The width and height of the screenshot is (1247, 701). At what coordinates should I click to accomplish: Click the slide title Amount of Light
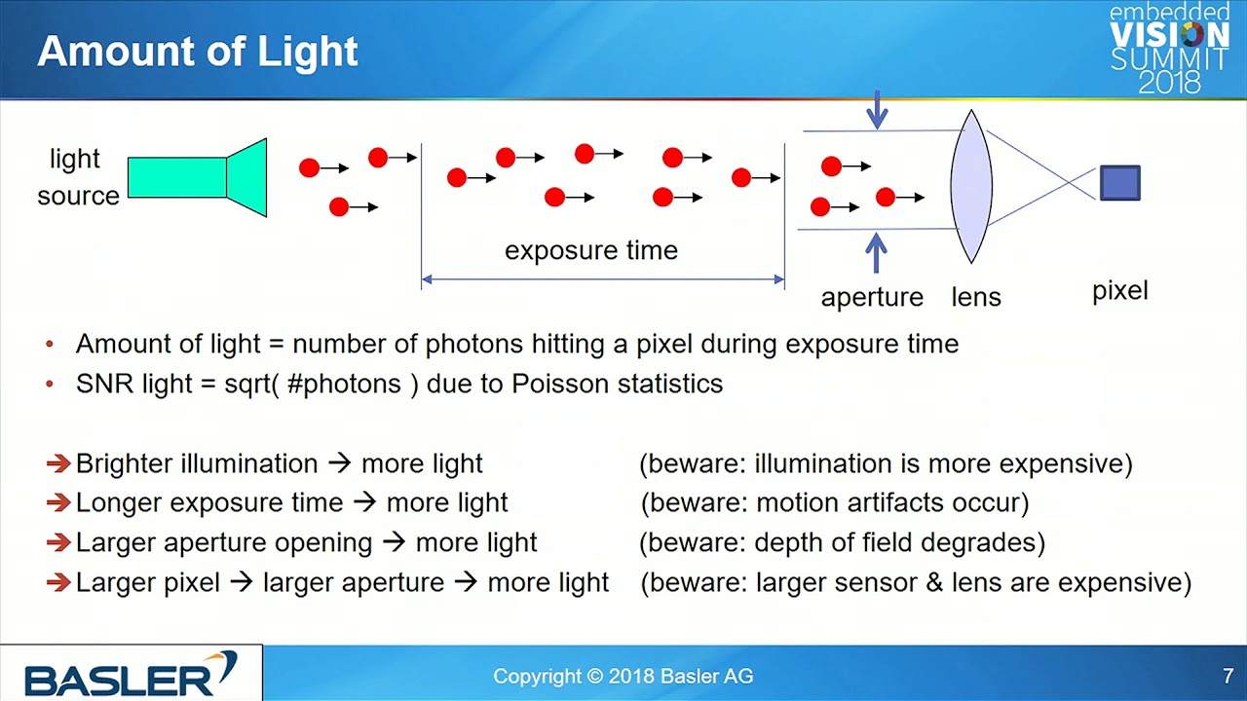[x=198, y=52]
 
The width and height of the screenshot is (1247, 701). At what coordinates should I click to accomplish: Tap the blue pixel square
[x=1120, y=182]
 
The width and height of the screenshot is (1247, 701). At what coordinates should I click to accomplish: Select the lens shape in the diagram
[x=971, y=186]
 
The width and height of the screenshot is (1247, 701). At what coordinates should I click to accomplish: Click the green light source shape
[x=198, y=177]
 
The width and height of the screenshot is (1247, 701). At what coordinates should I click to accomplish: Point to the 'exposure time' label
[x=591, y=250]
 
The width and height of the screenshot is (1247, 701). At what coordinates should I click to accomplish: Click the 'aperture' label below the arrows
[x=872, y=297]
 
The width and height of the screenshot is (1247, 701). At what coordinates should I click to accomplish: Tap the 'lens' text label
[x=976, y=297]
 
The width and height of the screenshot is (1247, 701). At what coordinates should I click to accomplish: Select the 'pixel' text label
[x=1120, y=291]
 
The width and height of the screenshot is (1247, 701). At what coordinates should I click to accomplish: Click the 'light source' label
[x=78, y=177]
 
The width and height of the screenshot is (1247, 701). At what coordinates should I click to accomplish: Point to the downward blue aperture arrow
[x=878, y=110]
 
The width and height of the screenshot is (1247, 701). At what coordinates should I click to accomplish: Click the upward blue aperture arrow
[x=876, y=252]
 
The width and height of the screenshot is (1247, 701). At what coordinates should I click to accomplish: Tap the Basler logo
[x=131, y=673]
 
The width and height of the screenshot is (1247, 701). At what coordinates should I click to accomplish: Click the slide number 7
[x=1228, y=676]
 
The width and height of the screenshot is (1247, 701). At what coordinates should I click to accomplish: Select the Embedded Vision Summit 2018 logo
[x=1169, y=49]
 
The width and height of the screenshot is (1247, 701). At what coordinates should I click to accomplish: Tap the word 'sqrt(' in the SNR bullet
[x=251, y=385]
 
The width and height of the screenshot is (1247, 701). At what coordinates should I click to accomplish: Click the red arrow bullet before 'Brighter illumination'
[x=58, y=462]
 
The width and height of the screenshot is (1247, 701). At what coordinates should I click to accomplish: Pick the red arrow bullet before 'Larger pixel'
[x=58, y=582]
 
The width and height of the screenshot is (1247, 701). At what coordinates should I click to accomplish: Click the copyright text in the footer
[x=623, y=676]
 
